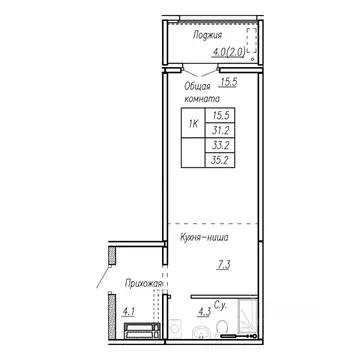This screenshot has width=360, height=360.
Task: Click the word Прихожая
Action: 144,283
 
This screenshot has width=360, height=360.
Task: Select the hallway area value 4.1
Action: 129,311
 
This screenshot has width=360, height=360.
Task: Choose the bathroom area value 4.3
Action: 203,311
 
